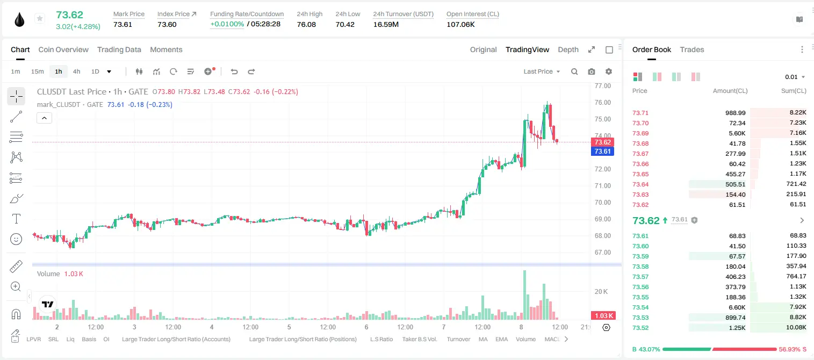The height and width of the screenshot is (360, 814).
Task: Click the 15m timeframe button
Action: coord(37,71)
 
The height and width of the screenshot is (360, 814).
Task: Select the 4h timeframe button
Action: coord(76,71)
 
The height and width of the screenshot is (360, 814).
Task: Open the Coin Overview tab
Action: coord(63,50)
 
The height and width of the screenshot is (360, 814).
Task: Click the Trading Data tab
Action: coord(119,50)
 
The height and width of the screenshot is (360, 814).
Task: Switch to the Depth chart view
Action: coord(568,50)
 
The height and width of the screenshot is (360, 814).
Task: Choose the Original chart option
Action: coord(483,50)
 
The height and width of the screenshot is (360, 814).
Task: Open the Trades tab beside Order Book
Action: coord(691,50)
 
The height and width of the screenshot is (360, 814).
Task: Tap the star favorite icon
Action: coord(40,18)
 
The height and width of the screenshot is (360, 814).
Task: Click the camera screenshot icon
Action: coord(591,71)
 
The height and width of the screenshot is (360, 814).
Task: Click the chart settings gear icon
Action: coord(609,71)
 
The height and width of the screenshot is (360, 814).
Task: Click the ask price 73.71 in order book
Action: coord(640,113)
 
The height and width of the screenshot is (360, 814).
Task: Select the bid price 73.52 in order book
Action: coord(640,328)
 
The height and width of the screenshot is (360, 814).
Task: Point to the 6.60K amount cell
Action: coord(737,307)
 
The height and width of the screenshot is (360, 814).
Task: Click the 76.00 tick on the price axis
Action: coord(602,103)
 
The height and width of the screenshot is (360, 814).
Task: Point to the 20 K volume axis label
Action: coord(601,292)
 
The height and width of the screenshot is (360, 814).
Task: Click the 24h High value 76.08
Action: coord(306,24)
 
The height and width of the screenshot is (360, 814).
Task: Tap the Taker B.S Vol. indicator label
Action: coord(419,339)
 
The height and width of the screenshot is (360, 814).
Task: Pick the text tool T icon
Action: coord(16,219)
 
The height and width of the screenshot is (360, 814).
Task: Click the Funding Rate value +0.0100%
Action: coord(227,24)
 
